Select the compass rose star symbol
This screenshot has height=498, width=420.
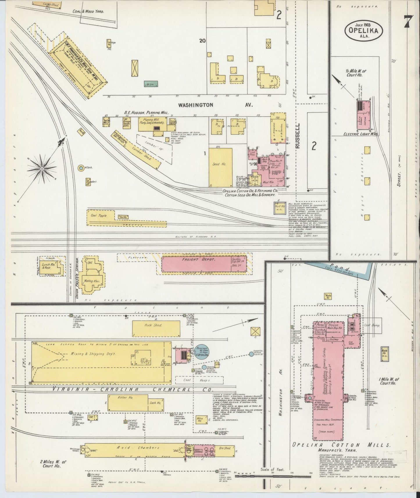tap(42, 168)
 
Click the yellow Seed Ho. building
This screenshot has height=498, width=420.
tap(220, 167)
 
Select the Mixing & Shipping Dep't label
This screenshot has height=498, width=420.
tap(93, 354)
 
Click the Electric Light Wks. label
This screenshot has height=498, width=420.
tap(360, 134)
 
